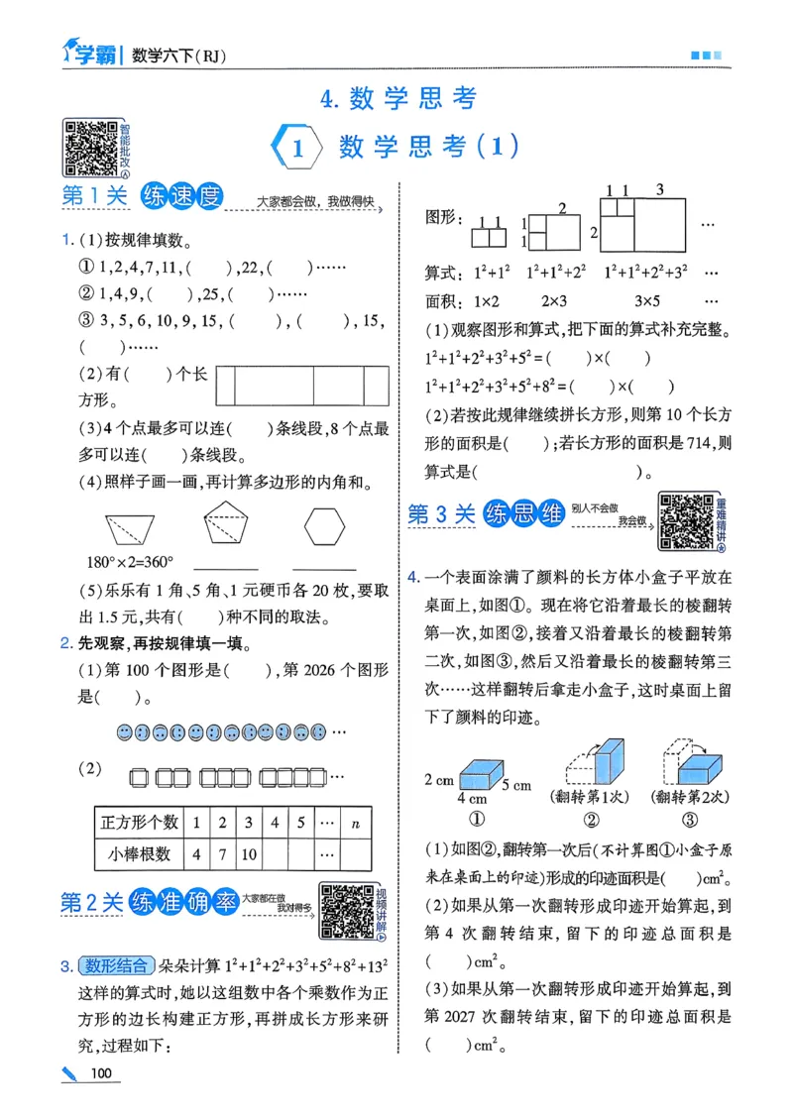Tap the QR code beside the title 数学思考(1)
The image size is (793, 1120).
(91, 147)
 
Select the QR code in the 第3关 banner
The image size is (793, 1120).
(686, 520)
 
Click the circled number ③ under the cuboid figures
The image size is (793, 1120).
(689, 819)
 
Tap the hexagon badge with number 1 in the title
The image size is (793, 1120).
(296, 150)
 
